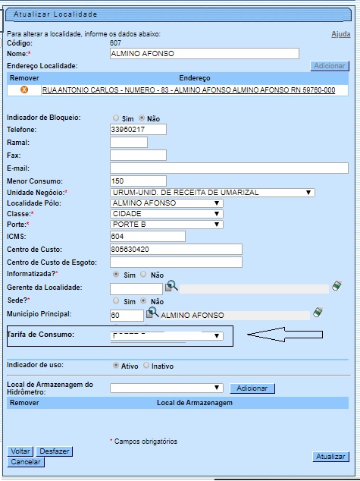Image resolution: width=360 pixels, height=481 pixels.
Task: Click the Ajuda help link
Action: coord(341,35)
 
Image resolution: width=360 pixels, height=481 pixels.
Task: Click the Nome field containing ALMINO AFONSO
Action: coord(204,54)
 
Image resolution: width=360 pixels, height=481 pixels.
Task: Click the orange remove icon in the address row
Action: coord(23,90)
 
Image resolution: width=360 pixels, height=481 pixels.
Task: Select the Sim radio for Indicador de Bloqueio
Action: coord(116,118)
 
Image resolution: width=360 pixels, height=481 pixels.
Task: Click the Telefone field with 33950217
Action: coord(138,129)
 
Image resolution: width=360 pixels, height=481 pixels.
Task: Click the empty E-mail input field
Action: coord(229,168)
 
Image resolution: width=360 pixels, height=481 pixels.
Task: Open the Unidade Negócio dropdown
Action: coord(211,193)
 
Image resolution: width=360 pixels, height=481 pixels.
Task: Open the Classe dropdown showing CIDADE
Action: coord(166,214)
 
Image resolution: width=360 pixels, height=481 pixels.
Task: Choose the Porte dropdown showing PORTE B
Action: coord(166,225)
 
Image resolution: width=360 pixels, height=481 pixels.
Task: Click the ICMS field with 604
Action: coord(148,236)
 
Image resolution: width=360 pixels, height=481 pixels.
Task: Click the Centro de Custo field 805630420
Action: coord(175,249)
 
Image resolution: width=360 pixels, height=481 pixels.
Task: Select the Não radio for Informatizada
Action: coord(146,275)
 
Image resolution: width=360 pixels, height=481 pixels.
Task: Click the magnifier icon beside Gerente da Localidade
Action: coord(172,286)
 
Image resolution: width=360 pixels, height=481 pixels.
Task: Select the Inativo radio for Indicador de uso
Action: coord(146,365)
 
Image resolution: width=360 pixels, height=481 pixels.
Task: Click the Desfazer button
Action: coord(55,451)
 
